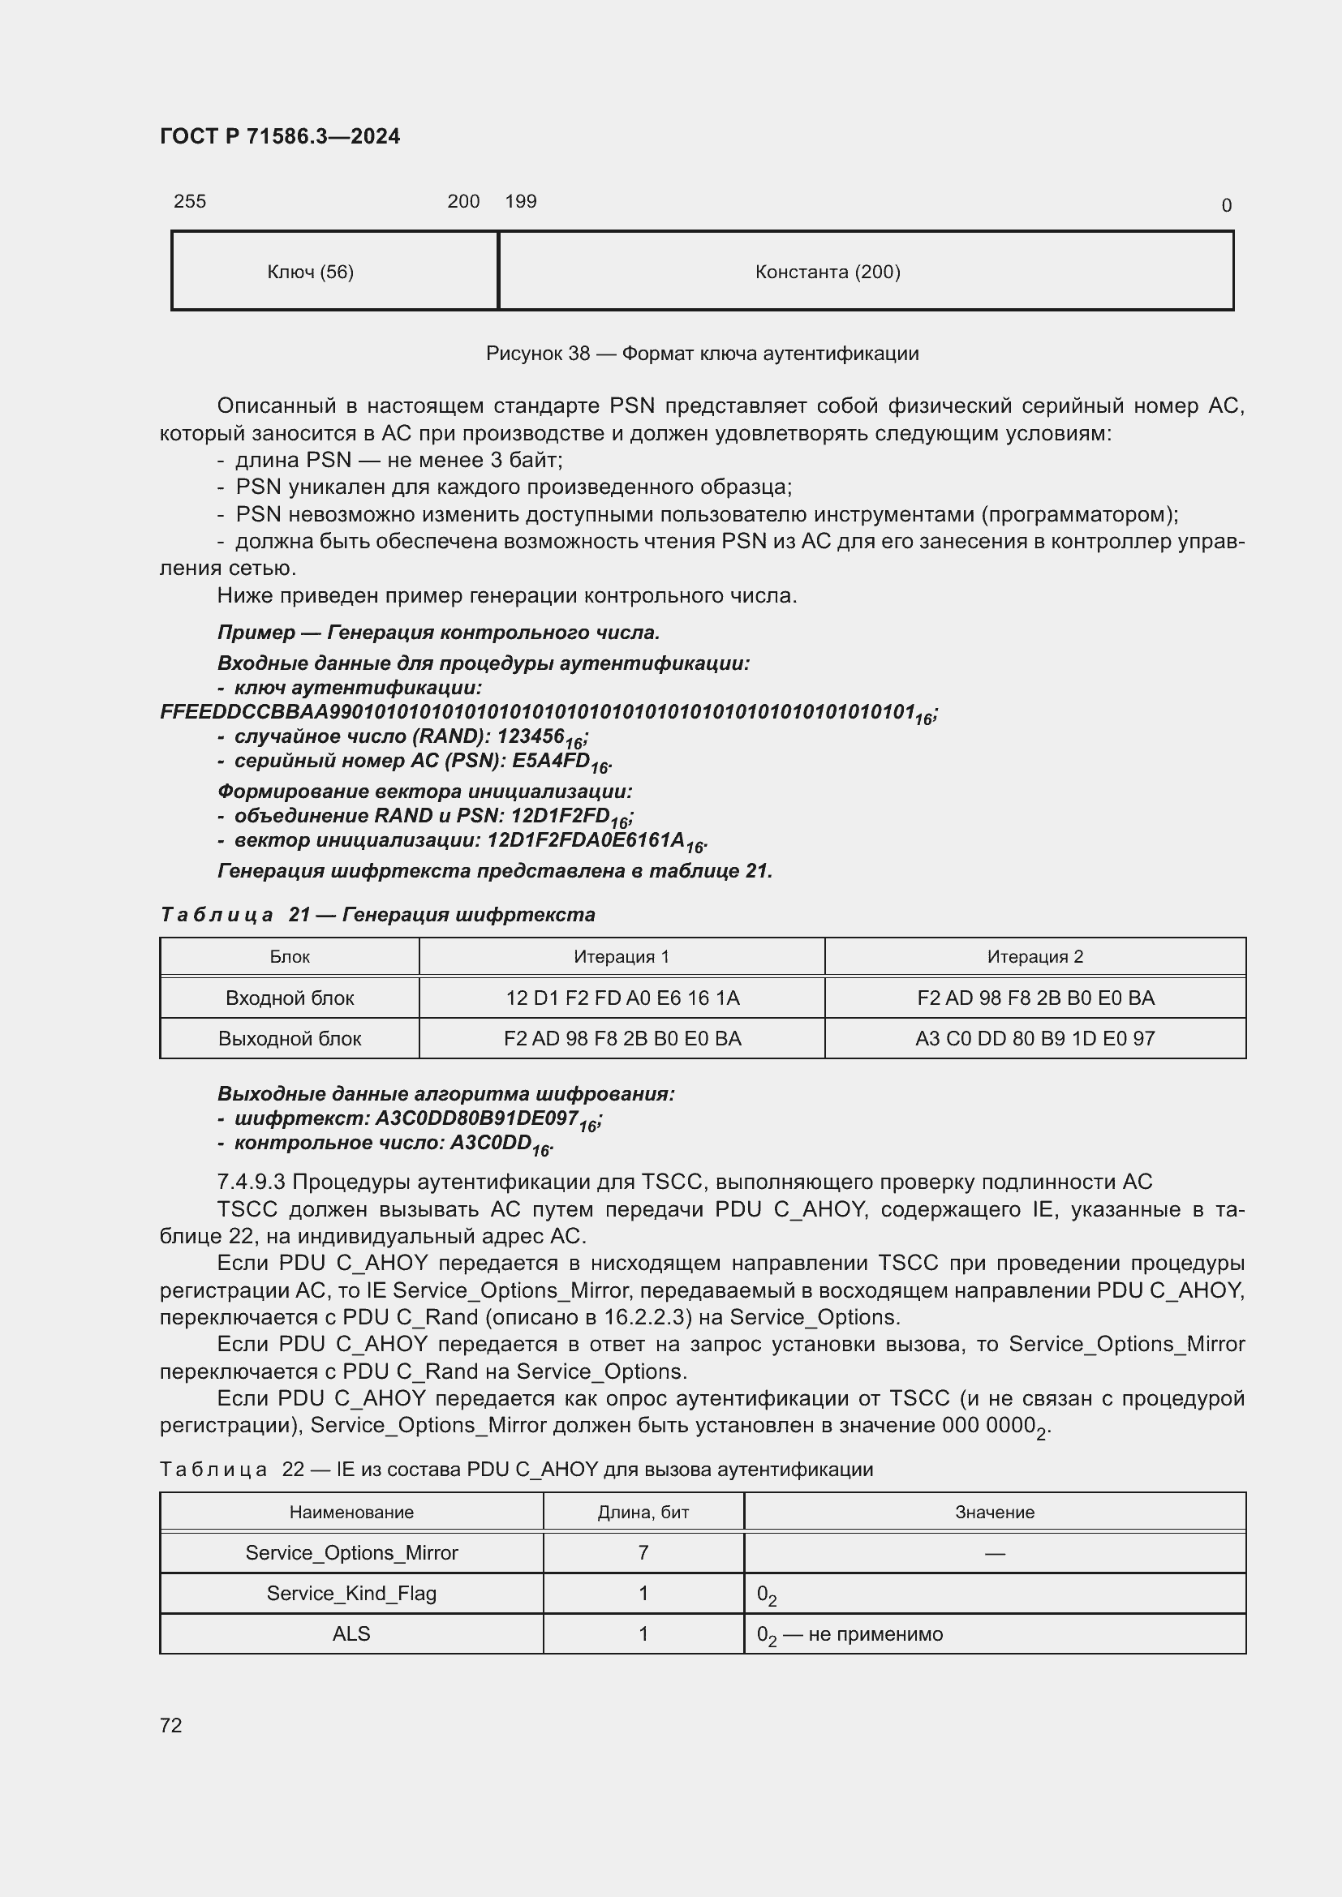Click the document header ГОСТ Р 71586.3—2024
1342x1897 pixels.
click(279, 136)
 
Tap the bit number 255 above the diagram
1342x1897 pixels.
click(189, 201)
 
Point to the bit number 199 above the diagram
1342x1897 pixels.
click(521, 201)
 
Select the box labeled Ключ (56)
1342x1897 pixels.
click(333, 271)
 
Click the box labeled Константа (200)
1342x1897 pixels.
click(865, 271)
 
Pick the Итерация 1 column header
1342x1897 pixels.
click(622, 957)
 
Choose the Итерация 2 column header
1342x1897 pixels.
click(1034, 957)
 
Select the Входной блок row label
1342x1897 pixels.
click(289, 998)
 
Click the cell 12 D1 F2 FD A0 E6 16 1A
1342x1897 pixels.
click(622, 998)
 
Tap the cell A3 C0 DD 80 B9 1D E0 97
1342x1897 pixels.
click(1034, 1039)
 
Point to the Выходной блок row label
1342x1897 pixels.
click(289, 1039)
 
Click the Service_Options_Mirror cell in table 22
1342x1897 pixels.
click(351, 1552)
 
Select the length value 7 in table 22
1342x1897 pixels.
click(643, 1552)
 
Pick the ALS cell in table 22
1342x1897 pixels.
click(351, 1633)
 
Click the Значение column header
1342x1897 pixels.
click(994, 1512)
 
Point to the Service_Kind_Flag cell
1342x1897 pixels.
click(351, 1593)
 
